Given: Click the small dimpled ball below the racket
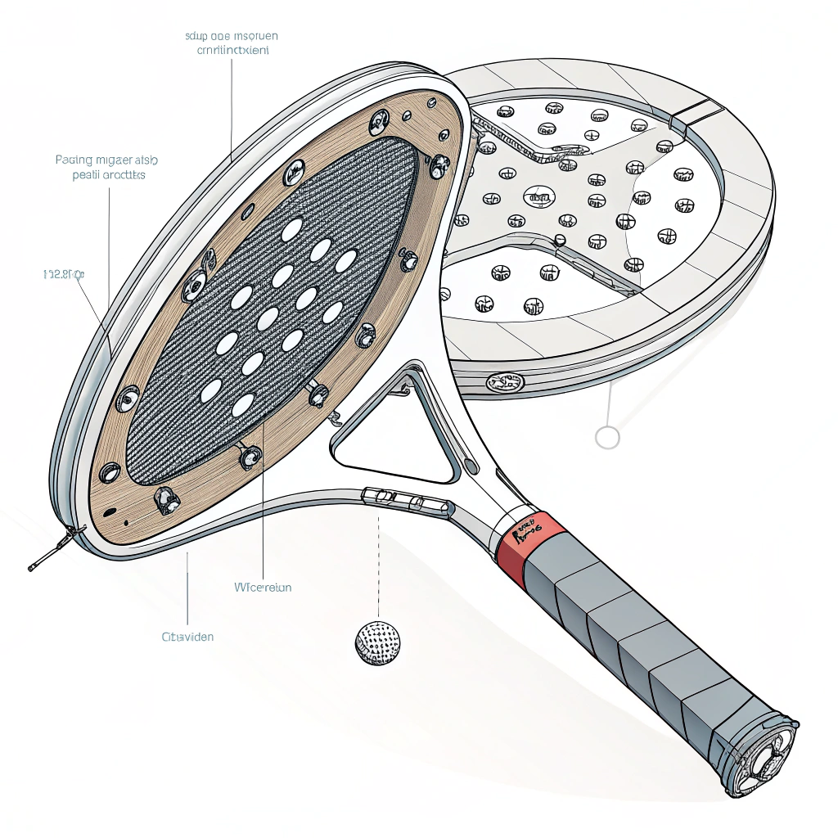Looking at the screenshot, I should pos(379,642).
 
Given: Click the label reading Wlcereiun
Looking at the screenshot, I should pos(263,587).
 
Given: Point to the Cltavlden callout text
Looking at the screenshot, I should pos(187,636).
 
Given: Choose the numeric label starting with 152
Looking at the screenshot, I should pos(63,275).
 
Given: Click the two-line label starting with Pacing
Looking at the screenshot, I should pos(106,167).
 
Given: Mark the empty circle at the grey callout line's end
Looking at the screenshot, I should pos(607,437).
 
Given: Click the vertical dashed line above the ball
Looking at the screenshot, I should pos(379,565).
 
